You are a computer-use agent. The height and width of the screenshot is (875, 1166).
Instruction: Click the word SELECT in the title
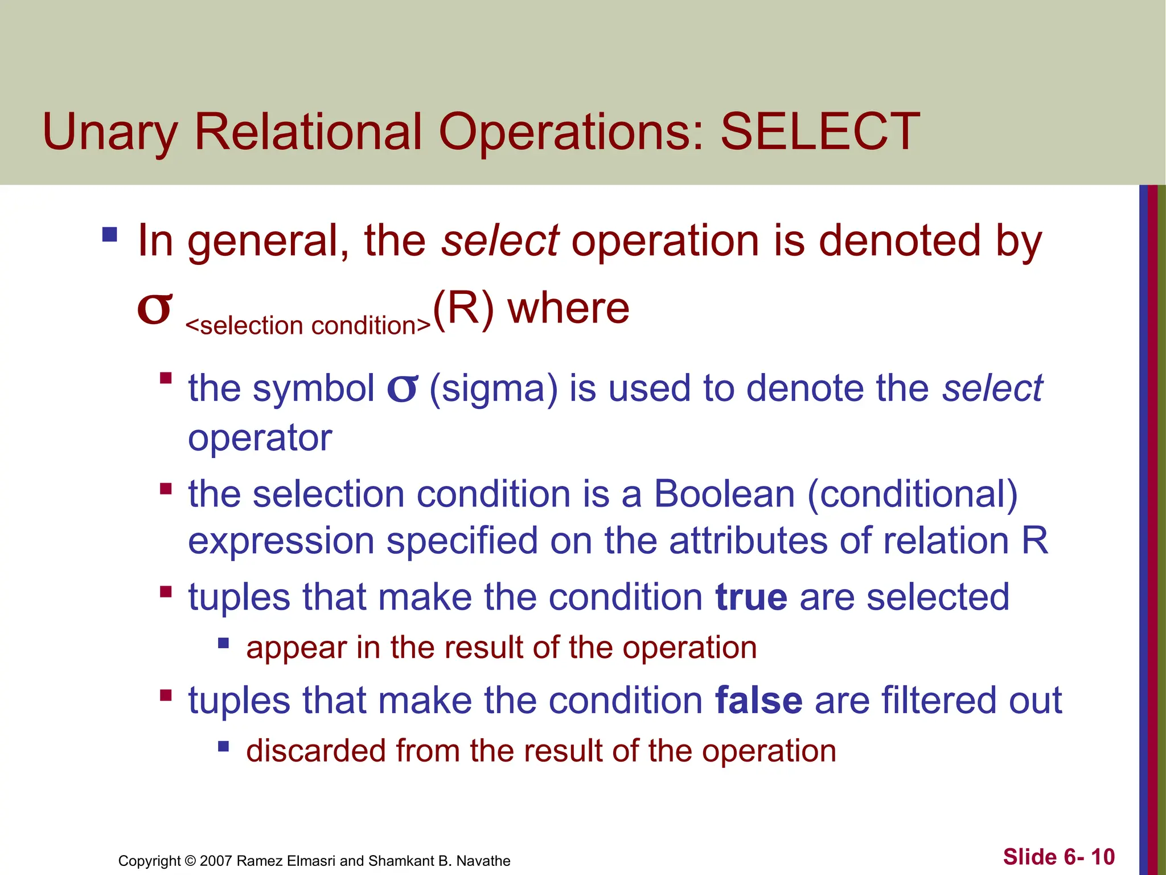(x=820, y=132)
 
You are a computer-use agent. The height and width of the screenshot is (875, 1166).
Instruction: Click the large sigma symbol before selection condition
(x=154, y=309)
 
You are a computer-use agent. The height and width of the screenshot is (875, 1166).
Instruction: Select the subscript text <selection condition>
(x=308, y=326)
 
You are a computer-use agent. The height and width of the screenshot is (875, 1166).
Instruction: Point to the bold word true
(x=751, y=597)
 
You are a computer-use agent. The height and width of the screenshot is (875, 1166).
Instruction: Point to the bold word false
(x=758, y=700)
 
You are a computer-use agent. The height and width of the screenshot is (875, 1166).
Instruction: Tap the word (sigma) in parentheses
(x=493, y=389)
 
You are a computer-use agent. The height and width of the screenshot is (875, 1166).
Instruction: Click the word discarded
(x=315, y=750)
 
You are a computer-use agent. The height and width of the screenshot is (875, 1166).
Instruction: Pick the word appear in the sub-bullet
(x=295, y=648)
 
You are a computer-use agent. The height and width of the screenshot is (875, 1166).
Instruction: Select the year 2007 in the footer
(x=216, y=861)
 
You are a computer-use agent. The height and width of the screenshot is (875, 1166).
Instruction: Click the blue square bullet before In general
(x=109, y=235)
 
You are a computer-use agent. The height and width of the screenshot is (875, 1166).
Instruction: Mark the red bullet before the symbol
(x=166, y=378)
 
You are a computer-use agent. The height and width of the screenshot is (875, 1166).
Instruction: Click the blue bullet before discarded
(x=223, y=746)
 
